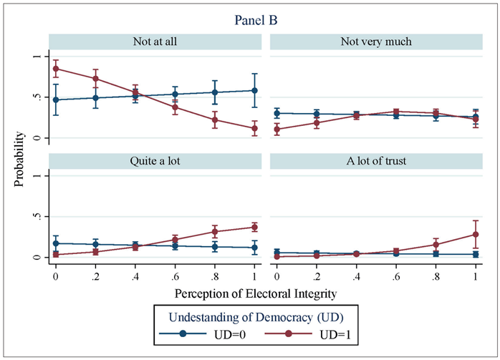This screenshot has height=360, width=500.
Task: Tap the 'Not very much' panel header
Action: point(375,41)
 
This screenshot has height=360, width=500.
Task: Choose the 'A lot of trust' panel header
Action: point(375,160)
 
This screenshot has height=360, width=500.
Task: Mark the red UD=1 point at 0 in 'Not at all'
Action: point(55,69)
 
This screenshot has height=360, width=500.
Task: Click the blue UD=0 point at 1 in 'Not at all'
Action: point(254,90)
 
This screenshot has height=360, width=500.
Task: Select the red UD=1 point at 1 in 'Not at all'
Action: point(254,129)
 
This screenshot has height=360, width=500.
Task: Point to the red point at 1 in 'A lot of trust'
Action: point(476,234)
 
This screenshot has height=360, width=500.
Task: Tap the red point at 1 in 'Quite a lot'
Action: point(254,227)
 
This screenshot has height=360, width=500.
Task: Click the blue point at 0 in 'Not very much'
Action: point(277,113)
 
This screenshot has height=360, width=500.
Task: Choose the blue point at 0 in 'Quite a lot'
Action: point(55,243)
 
